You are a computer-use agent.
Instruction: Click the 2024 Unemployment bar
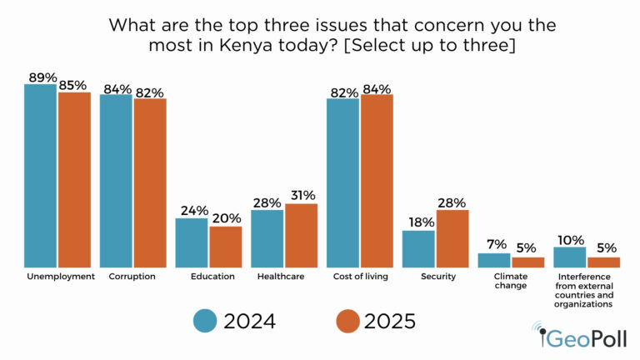coord(41,175)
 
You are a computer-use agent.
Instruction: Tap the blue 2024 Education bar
coord(192,242)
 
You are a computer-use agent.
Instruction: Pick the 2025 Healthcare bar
coord(301,234)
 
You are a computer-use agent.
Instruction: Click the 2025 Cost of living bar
coord(377,180)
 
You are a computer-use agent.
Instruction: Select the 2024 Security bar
coord(418,247)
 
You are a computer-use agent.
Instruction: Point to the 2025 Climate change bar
coord(527,261)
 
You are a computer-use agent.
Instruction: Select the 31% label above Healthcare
coord(302,196)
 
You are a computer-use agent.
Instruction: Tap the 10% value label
coord(570,239)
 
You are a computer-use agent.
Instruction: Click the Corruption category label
coord(132,276)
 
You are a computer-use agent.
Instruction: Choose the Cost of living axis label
coord(359,276)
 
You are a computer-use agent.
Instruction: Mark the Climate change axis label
coord(511,281)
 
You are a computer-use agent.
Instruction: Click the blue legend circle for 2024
coord(205,320)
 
